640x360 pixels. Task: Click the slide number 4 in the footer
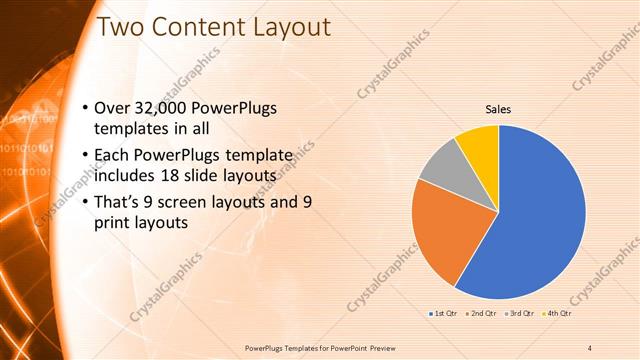[x=590, y=347]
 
